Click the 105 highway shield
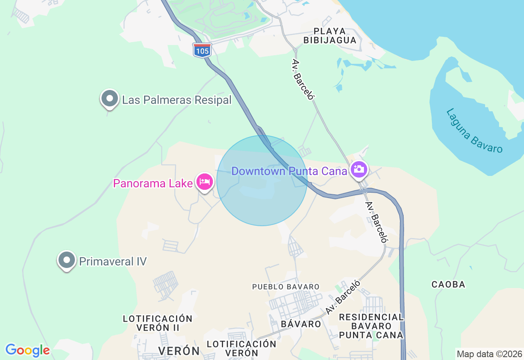(202, 50)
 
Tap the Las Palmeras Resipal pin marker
(110, 99)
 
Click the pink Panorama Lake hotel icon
(205, 181)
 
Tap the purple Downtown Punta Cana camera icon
(359, 169)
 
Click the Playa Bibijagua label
(335, 36)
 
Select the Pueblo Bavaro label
(286, 287)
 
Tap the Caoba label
(448, 284)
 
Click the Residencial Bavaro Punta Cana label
(371, 326)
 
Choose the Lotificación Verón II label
(158, 323)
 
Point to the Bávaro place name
(301, 324)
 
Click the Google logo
(27, 350)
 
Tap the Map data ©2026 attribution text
(489, 354)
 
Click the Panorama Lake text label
(153, 183)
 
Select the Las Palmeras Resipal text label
(177, 100)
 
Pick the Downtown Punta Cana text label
(289, 171)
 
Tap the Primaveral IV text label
(113, 261)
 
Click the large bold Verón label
(179, 351)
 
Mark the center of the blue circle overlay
(262, 180)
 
